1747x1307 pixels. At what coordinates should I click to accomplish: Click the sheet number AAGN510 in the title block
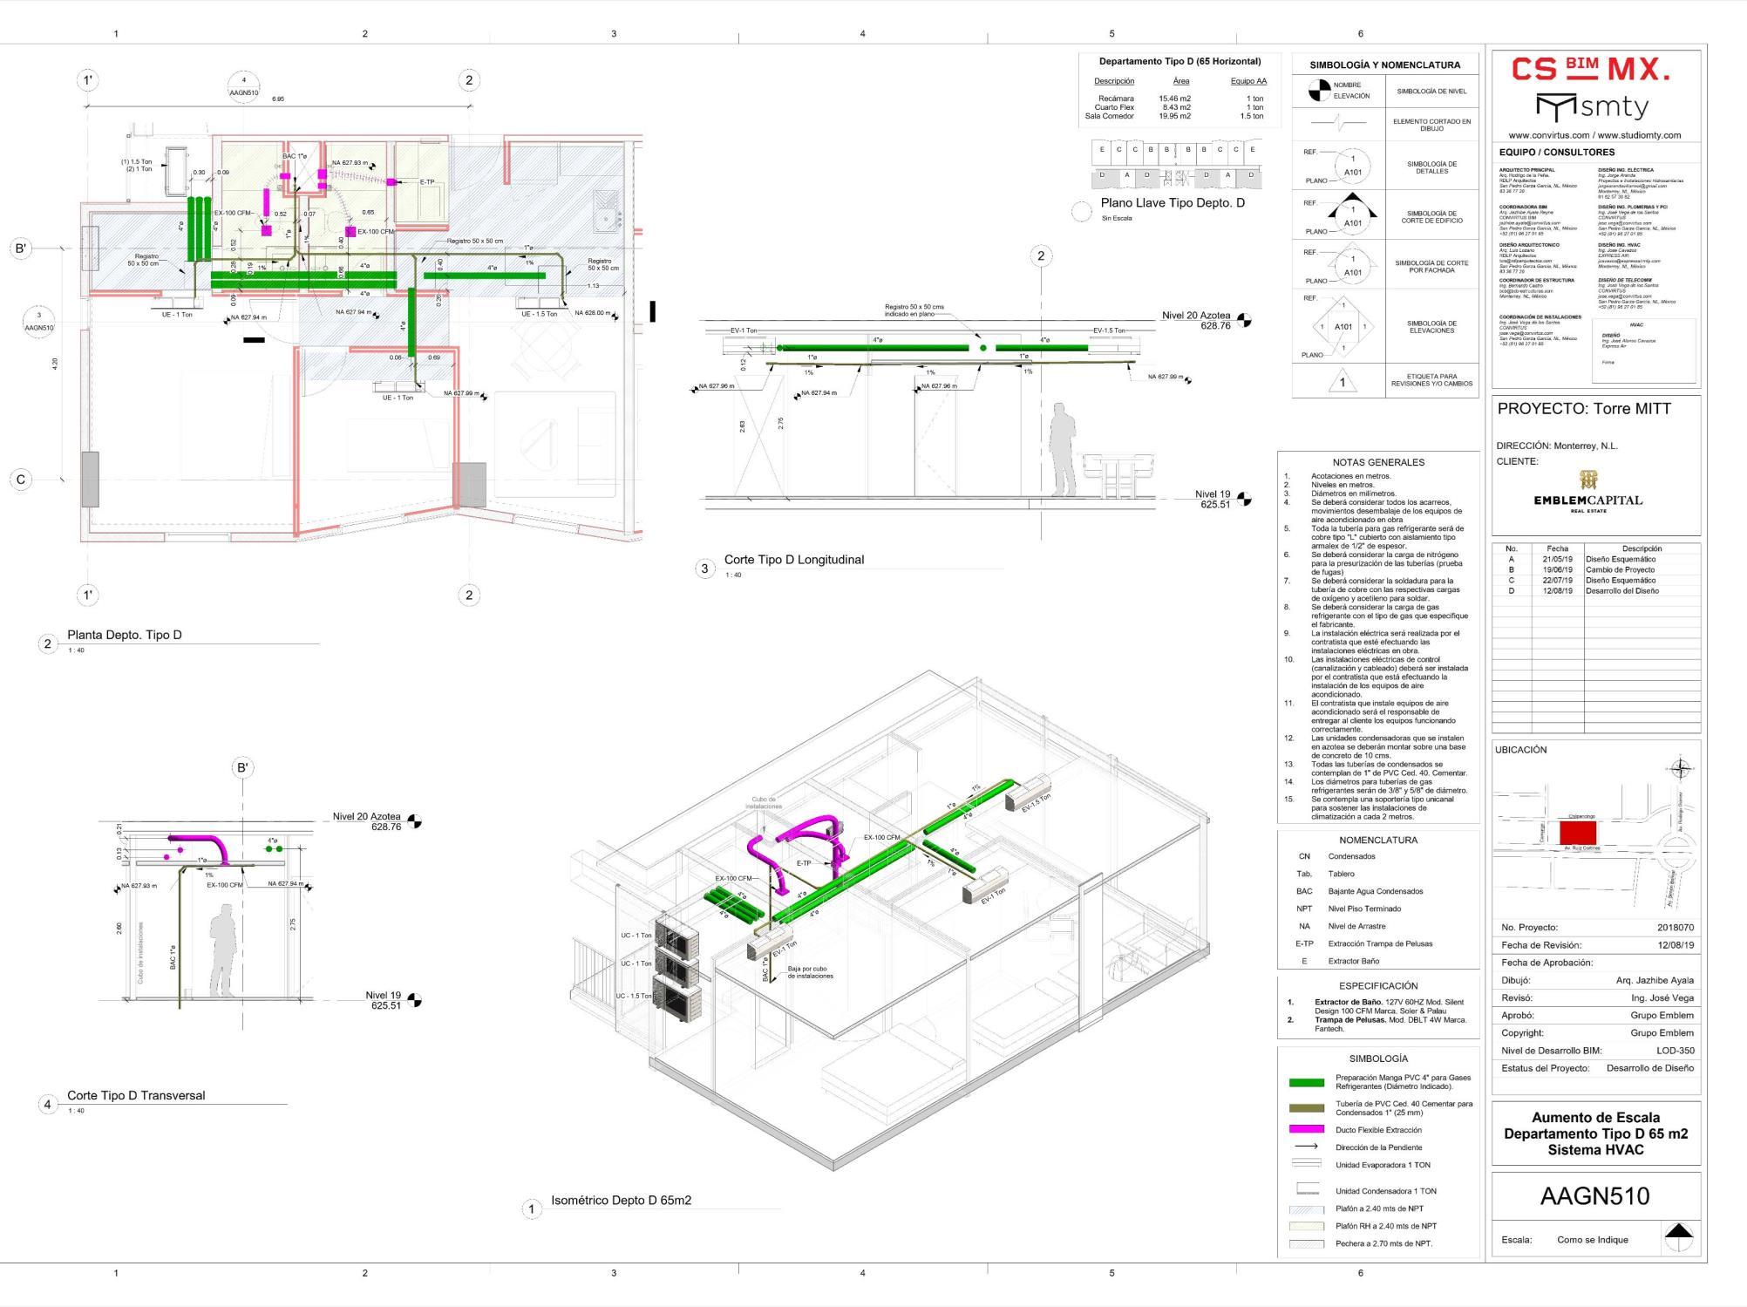1594,1196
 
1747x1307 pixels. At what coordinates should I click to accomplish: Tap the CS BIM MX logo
1591,70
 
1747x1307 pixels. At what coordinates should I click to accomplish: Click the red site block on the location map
1577,833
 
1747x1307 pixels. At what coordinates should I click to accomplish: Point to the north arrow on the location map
1679,769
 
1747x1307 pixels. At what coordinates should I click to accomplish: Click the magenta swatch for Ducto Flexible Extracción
1305,1129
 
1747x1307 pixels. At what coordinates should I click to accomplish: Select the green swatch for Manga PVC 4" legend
1305,1083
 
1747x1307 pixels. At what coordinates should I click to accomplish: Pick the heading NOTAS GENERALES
1377,462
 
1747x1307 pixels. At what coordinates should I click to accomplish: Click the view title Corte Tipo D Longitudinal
793,560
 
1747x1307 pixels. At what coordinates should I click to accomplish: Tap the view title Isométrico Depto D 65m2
621,1201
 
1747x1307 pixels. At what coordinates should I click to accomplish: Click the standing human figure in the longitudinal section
1063,449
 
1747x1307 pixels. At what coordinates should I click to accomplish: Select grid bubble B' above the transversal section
242,768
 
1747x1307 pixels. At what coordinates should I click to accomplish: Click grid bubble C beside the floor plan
21,480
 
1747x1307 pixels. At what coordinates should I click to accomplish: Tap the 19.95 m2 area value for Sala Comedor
1174,116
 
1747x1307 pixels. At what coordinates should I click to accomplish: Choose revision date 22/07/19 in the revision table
1557,581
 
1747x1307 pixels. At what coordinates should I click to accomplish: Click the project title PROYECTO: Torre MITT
1584,409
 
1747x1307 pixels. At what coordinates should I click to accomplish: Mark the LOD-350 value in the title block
1675,1051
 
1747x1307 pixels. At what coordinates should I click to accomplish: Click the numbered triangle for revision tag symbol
1342,382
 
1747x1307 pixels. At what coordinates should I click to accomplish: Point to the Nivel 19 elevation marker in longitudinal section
1244,500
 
